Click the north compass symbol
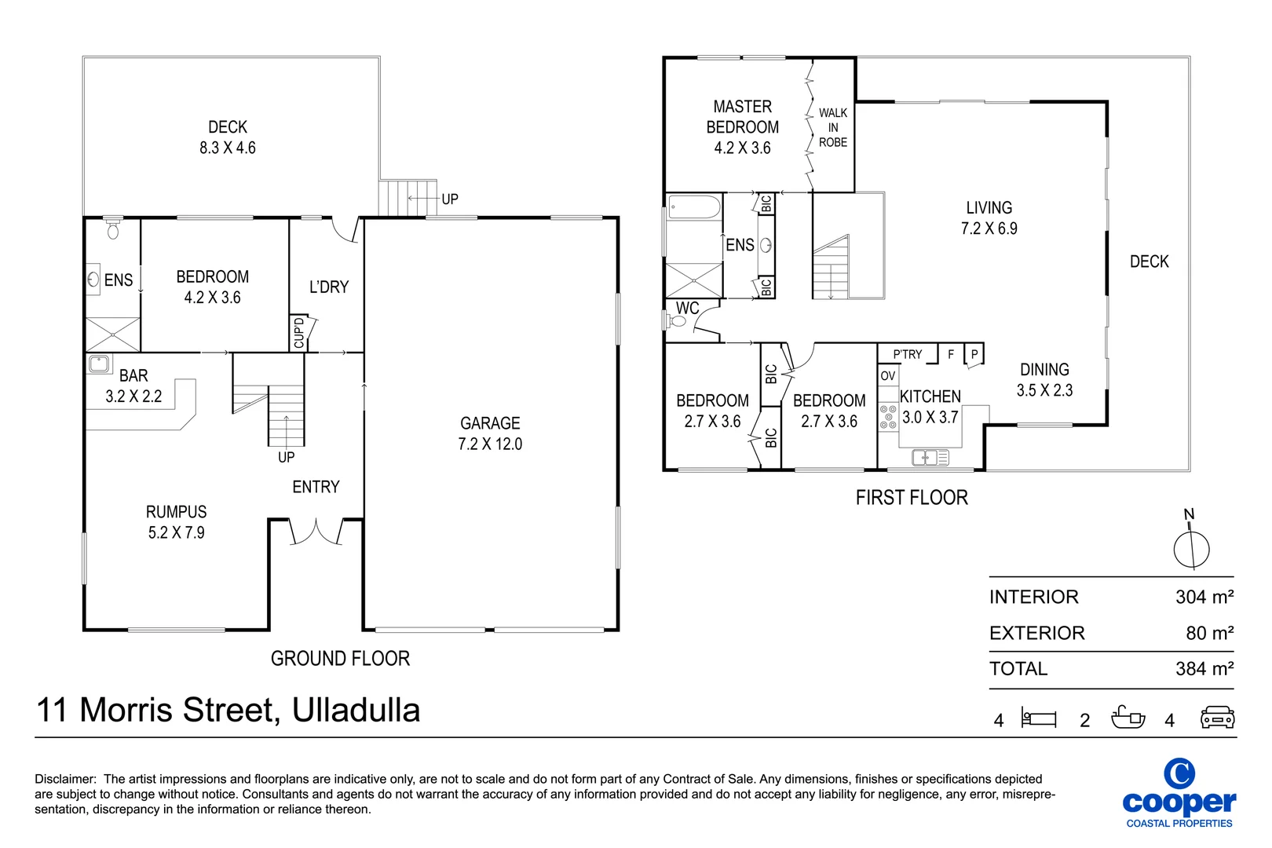[1191, 547]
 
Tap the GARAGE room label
[490, 433]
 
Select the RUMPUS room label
[176, 522]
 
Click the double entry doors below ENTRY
[316, 532]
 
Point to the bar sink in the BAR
[99, 364]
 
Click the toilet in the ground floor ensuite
[113, 229]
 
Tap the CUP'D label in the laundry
[298, 333]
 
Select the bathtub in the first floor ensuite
[694, 207]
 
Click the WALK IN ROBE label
[833, 127]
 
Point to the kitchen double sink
[930, 457]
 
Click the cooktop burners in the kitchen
[888, 417]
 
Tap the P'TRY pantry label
[907, 355]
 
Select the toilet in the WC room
[677, 320]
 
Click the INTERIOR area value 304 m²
[1204, 597]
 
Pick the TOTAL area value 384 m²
[1204, 669]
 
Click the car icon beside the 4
[1217, 718]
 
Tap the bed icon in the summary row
[1039, 718]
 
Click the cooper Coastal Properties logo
[1179, 793]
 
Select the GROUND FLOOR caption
[340, 658]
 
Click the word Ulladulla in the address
[356, 710]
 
